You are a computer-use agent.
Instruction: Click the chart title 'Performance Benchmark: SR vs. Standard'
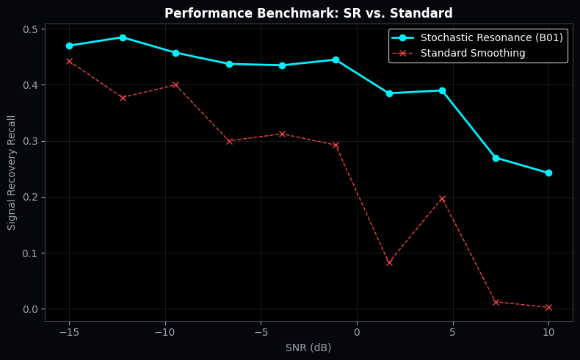308,14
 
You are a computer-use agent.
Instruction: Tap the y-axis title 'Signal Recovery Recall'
12,172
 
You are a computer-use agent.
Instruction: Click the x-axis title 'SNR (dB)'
308,348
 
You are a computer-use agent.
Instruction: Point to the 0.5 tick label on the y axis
30,29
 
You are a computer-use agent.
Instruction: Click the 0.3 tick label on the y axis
30,141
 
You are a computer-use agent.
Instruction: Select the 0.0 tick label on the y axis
30,309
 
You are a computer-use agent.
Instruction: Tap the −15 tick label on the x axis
69,332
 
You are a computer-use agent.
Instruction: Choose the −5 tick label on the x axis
261,332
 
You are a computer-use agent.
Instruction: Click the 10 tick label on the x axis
548,332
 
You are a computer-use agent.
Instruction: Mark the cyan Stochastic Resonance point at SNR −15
69,46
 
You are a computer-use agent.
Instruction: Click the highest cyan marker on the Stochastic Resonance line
123,37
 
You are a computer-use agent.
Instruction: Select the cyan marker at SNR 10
548,173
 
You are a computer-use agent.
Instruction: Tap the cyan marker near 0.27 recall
496,158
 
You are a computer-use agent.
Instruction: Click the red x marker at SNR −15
69,61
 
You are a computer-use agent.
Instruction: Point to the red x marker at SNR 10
548,307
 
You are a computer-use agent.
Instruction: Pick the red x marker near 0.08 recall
389,262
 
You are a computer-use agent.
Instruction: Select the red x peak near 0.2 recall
442,198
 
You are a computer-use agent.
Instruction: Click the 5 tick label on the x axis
452,332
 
